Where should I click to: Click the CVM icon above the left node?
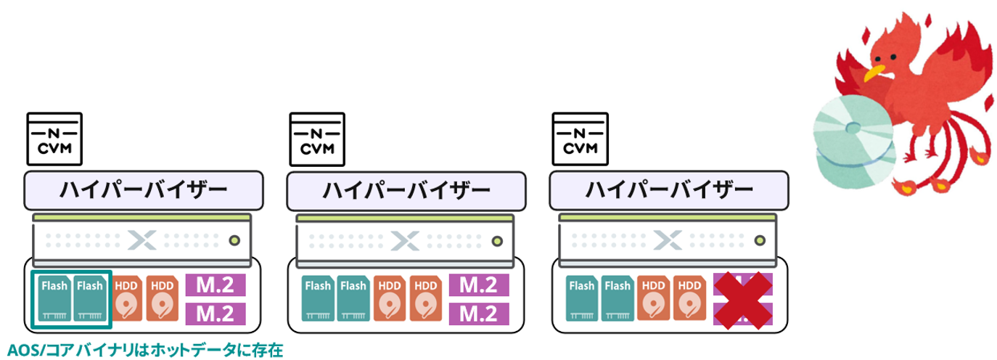coord(54,139)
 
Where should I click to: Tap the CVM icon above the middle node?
coord(317,139)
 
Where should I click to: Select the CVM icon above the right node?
coord(580,139)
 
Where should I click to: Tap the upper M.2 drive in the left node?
coord(216,285)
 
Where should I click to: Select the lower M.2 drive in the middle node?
coord(480,314)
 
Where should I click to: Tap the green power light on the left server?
coord(234,240)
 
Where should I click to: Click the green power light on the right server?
coord(760,240)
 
